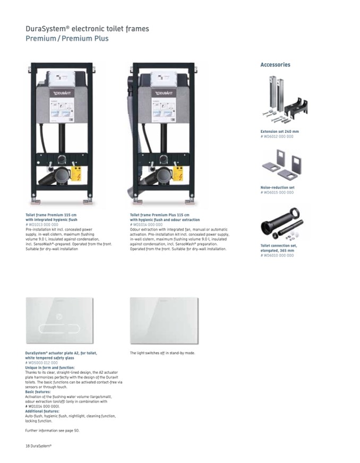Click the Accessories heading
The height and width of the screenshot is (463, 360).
275,65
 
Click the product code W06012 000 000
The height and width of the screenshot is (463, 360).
277,136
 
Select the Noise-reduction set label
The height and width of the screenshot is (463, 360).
277,187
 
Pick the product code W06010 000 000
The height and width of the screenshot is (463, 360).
277,255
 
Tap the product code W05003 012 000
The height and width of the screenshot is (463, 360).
41,363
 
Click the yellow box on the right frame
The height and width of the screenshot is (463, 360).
181,174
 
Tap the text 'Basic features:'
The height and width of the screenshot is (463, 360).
38,392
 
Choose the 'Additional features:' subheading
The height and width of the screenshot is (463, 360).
42,411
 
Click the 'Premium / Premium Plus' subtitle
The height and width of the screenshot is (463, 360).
67,39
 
